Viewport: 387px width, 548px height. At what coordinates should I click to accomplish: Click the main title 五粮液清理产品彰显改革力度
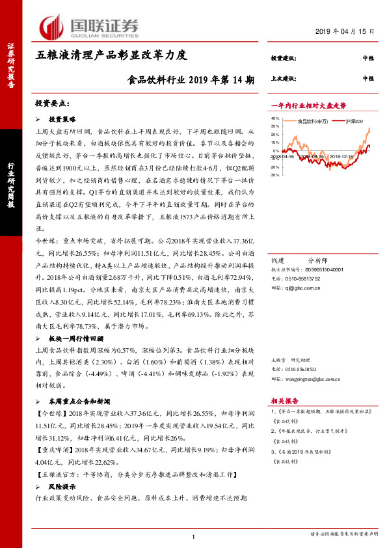(x=111, y=55)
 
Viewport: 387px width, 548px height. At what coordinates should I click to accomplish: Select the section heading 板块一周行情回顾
(x=76, y=339)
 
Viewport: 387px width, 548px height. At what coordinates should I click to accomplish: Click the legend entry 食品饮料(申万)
(x=312, y=121)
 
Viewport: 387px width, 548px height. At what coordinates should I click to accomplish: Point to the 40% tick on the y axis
(x=274, y=118)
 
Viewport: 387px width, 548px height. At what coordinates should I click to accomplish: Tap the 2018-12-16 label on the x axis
(x=341, y=156)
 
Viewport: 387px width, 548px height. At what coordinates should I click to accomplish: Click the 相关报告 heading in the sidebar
(x=284, y=402)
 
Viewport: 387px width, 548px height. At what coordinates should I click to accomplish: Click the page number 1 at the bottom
(x=194, y=536)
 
